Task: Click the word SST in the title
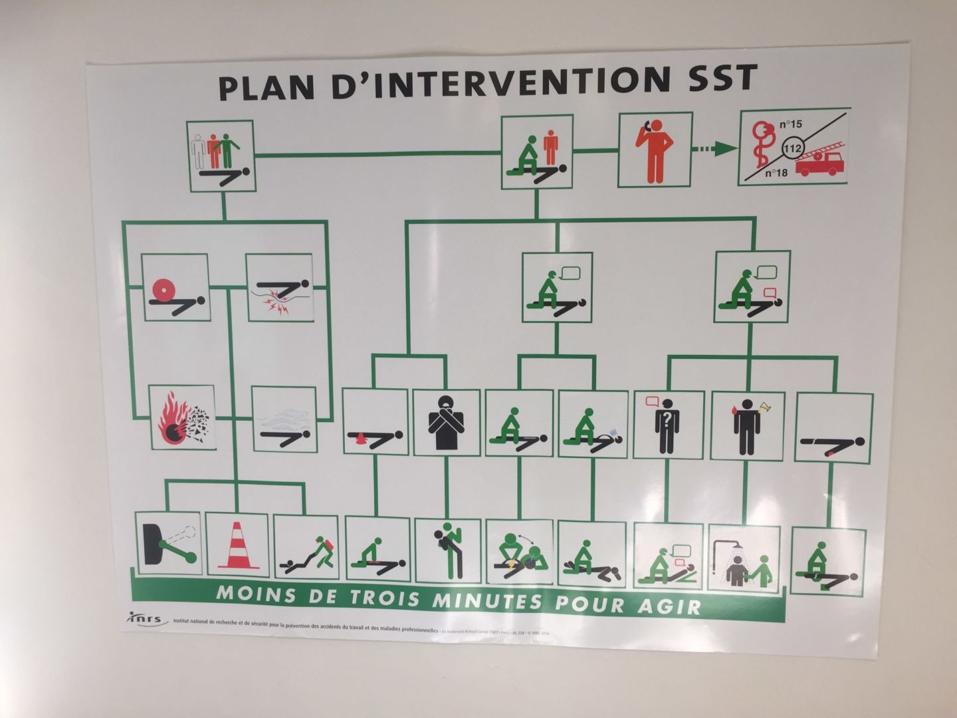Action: pyautogui.click(x=718, y=79)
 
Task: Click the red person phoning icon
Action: pyautogui.click(x=654, y=151)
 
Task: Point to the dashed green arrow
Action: pyautogui.click(x=714, y=150)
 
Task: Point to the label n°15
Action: pyautogui.click(x=790, y=124)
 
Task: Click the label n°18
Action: pyautogui.click(x=776, y=173)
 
